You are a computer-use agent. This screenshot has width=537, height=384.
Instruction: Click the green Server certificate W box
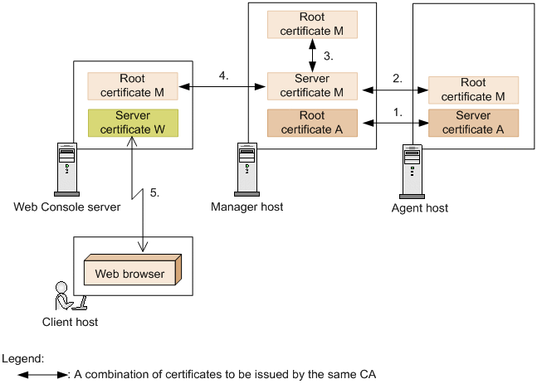[133, 123]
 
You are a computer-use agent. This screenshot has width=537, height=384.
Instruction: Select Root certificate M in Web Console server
[133, 85]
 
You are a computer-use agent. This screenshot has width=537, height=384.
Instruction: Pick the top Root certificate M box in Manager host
[312, 24]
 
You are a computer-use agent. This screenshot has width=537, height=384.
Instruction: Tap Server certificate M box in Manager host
[312, 85]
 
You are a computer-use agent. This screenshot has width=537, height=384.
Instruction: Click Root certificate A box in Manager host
[312, 123]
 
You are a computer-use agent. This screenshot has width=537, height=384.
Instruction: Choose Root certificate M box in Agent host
[473, 90]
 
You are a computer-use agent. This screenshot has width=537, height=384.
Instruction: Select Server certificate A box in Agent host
[473, 123]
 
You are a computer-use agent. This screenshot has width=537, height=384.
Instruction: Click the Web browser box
[133, 273]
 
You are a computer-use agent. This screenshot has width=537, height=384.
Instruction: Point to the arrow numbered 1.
[392, 123]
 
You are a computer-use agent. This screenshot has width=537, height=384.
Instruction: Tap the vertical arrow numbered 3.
[313, 55]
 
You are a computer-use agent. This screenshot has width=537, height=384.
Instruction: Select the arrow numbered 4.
[222, 85]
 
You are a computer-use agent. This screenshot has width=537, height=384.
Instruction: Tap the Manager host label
[247, 207]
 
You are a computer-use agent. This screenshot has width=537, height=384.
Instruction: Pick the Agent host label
[420, 208]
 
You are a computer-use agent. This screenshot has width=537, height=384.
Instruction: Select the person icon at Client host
[63, 296]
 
